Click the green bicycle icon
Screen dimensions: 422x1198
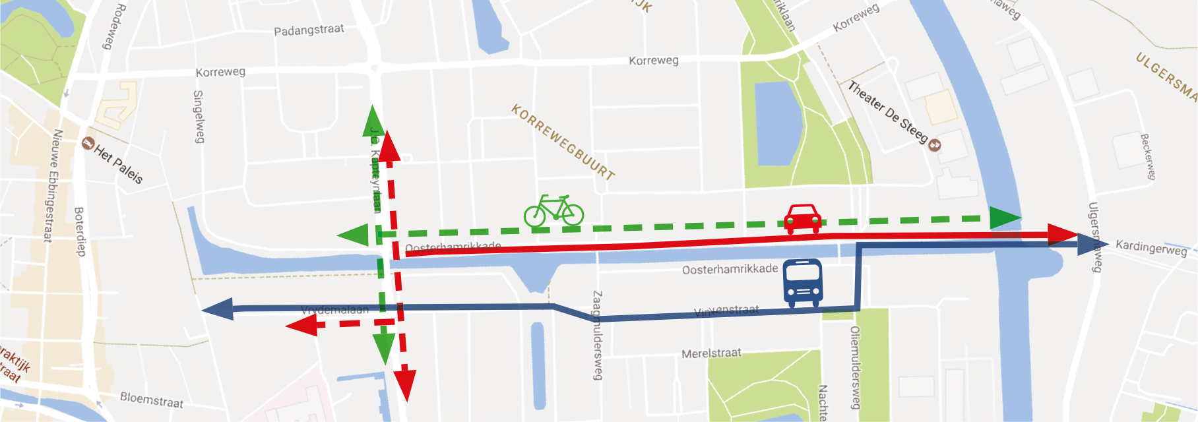(554, 211)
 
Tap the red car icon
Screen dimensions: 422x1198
(803, 218)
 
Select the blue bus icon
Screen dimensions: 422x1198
(802, 282)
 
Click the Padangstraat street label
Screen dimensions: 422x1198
(309, 30)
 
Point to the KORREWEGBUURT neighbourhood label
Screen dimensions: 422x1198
(563, 142)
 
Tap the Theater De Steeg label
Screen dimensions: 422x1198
(887, 111)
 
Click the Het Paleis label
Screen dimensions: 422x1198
(119, 164)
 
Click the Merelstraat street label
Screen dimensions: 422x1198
(711, 353)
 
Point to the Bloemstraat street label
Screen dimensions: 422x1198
(152, 400)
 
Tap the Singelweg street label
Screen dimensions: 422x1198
(199, 117)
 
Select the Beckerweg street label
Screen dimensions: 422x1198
(1148, 156)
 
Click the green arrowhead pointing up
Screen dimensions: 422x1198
(373, 120)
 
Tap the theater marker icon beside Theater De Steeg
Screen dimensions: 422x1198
(934, 144)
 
